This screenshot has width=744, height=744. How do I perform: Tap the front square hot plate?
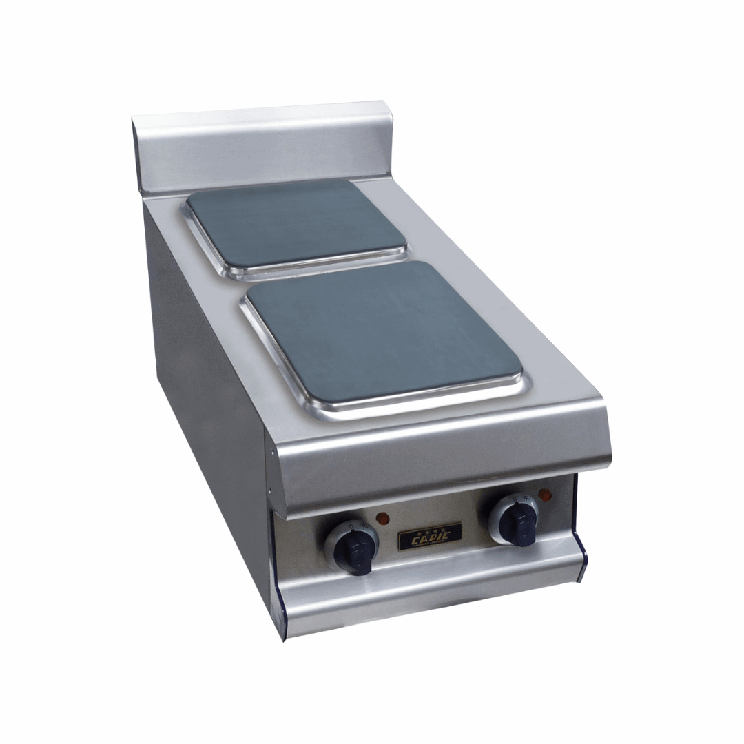pyautogui.click(x=382, y=331)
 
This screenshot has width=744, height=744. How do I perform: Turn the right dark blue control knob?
pyautogui.click(x=519, y=521)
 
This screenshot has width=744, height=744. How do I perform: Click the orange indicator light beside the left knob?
pyautogui.click(x=383, y=517)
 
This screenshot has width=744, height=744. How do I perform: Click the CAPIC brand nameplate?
pyautogui.click(x=430, y=536)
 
